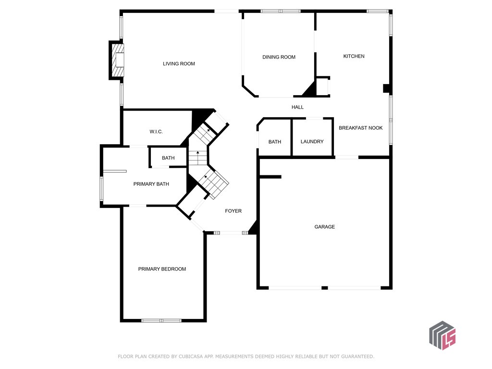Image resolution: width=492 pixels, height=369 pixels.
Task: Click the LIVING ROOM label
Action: [x=179, y=63]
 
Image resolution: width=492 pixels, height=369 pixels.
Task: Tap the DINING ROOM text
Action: [x=279, y=57]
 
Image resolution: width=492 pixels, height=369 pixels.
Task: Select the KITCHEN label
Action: [x=354, y=56]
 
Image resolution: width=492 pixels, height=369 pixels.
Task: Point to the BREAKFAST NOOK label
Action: [x=360, y=128]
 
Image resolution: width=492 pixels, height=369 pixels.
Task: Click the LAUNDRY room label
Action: [x=312, y=142]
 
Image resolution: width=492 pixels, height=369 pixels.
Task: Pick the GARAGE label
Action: [x=324, y=227]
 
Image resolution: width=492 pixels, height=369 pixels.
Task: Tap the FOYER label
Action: [x=233, y=211]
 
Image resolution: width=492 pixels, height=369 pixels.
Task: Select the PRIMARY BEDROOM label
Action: [x=162, y=269]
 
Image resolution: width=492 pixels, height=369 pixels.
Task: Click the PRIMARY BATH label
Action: [x=151, y=184]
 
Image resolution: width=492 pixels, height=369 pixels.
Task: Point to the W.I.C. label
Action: [x=156, y=132]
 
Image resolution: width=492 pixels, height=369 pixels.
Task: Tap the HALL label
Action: [x=297, y=107]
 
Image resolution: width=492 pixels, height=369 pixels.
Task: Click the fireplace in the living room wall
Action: [x=117, y=60]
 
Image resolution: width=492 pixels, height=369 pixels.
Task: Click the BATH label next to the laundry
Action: [x=274, y=142]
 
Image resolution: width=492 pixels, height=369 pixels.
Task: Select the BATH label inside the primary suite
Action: [x=168, y=158]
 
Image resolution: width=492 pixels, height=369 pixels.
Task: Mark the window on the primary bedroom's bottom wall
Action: [x=161, y=320]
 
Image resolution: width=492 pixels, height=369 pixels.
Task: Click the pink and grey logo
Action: [x=442, y=335]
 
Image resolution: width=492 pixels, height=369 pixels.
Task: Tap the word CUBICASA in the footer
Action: [x=194, y=357]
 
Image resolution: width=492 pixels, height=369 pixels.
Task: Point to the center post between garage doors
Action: [x=325, y=288]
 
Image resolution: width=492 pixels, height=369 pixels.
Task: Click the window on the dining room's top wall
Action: [x=281, y=11]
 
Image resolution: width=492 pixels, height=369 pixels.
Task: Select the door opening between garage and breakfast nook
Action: [x=346, y=157]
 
